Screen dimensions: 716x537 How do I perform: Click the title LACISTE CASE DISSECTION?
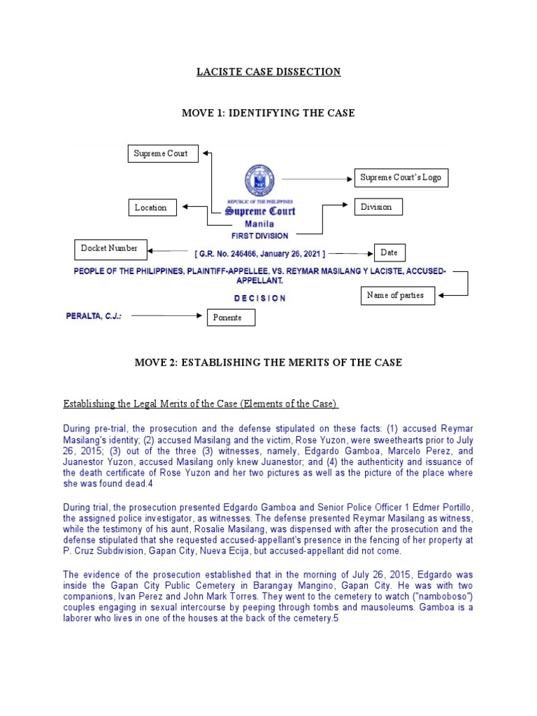[268, 72]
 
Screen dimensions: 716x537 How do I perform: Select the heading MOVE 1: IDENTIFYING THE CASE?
[268, 113]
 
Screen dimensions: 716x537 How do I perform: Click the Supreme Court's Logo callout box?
[401, 178]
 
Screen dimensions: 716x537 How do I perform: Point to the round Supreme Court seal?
[259, 180]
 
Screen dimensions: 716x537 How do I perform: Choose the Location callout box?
[151, 208]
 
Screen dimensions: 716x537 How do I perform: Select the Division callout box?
[378, 207]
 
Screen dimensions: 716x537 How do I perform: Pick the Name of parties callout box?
[396, 295]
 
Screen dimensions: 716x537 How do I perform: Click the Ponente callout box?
[231, 318]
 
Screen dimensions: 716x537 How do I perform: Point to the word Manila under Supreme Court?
[259, 224]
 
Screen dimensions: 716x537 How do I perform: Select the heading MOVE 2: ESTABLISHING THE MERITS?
[268, 362]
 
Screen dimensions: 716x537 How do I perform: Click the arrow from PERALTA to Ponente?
[166, 316]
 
